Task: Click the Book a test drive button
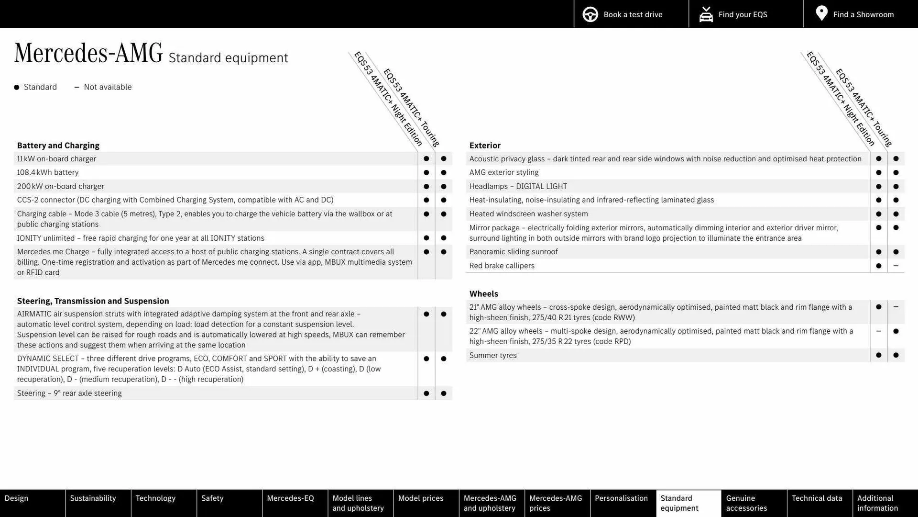[x=631, y=14]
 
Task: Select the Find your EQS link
[x=742, y=14]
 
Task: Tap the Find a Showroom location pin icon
[x=821, y=13]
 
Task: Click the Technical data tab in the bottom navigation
[x=817, y=498]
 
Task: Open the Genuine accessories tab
[x=746, y=503]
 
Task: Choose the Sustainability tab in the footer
[x=93, y=498]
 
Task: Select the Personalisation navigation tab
[x=621, y=498]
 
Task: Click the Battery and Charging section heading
[x=58, y=146]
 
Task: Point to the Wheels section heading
[x=483, y=294]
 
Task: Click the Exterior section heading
[x=485, y=146]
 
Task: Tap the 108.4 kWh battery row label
[x=48, y=172]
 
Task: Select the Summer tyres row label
[x=493, y=355]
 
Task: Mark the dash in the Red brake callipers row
[x=896, y=266]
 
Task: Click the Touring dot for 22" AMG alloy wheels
[x=896, y=331]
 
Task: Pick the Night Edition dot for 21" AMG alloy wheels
[x=878, y=307]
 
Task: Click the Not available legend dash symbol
[x=76, y=87]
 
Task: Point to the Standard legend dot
[x=17, y=87]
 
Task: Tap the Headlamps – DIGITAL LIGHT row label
[x=518, y=186]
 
